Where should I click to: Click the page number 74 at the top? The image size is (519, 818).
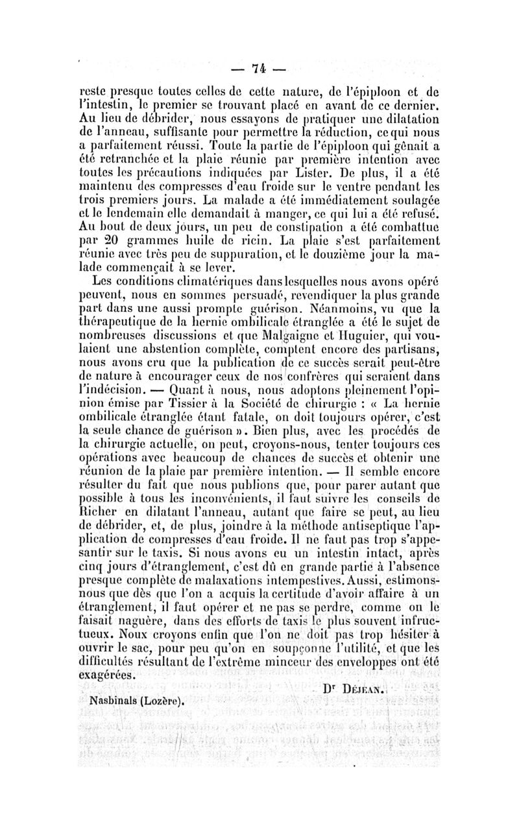259,69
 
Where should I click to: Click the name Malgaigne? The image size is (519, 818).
269,334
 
